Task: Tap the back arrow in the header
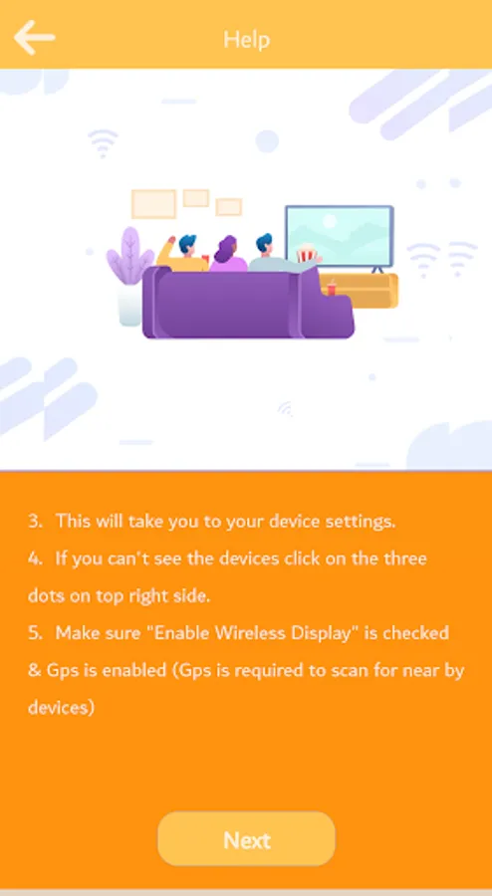[34, 38]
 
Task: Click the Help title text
[246, 40]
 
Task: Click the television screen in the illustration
[340, 236]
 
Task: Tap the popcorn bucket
[307, 253]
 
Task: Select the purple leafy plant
[129, 256]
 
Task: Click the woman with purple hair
[228, 254]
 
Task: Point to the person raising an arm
[181, 254]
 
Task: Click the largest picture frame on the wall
[153, 204]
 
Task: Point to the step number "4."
[36, 559]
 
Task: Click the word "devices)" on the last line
[61, 708]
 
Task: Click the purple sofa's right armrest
[324, 306]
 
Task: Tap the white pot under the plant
[130, 305]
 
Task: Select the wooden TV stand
[359, 292]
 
